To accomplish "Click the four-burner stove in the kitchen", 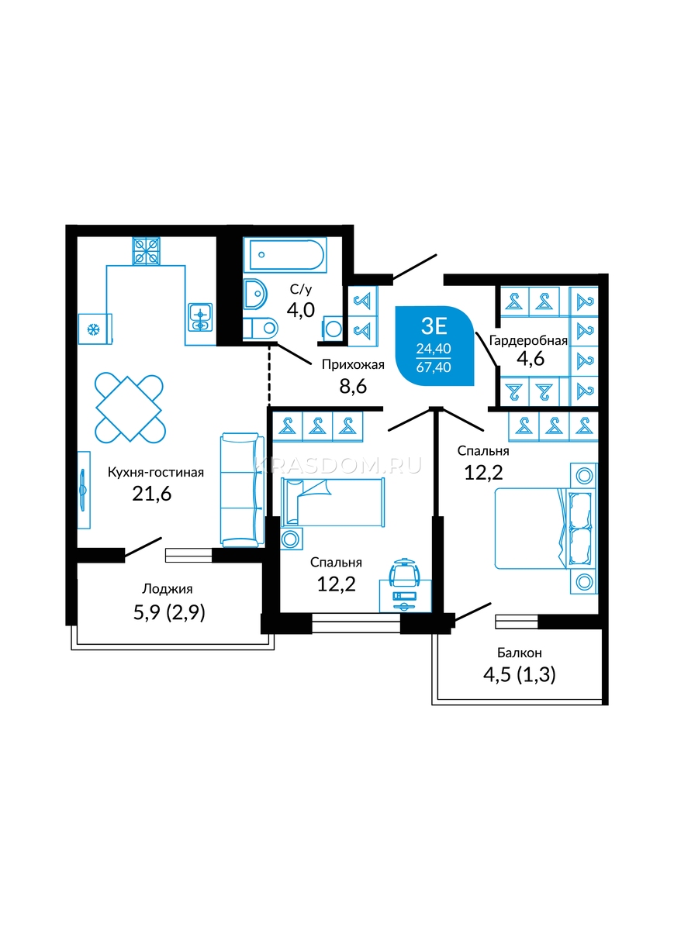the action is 147,251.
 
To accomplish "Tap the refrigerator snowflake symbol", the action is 94,330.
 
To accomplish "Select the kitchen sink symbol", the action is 200,317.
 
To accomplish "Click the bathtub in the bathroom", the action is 285,255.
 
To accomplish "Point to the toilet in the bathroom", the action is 260,329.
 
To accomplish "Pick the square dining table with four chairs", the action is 130,408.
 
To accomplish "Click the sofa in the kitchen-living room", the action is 242,490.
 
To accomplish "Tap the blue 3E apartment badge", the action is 434,346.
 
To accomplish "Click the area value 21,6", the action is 152,494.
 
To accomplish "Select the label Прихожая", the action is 353,365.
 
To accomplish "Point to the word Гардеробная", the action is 528,341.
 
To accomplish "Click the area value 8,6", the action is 353,387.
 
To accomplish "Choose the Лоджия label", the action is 168,589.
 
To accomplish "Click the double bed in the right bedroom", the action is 545,528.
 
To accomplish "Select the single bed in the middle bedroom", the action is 333,502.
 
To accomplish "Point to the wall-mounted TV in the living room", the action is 83,490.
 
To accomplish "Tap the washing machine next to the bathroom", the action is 333,329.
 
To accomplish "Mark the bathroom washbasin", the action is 255,294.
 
